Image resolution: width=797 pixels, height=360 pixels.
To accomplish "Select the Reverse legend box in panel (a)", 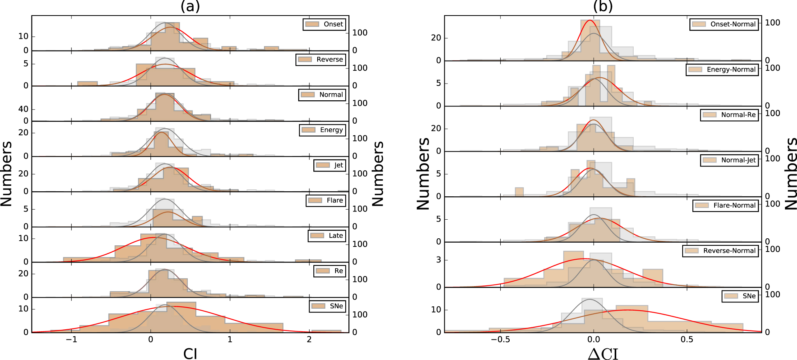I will pyautogui.click(x=321, y=59).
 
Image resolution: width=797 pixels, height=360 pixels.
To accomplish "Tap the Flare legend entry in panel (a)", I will pyautogui.click(x=326, y=201).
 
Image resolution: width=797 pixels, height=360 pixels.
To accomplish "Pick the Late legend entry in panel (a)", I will pyautogui.click(x=327, y=236).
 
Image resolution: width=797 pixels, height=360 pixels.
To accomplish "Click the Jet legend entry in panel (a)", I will pyautogui.click(x=330, y=165).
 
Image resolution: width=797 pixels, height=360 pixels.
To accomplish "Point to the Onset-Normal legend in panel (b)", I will pyautogui.click(x=724, y=24).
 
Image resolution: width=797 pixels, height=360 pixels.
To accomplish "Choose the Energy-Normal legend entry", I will pyautogui.click(x=722, y=70).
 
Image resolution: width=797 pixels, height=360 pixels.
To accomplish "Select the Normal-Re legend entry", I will pyautogui.click(x=729, y=115).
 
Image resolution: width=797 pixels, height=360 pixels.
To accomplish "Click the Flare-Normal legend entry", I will pyautogui.click(x=725, y=205).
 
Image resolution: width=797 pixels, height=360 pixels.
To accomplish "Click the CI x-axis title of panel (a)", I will pyautogui.click(x=190, y=354).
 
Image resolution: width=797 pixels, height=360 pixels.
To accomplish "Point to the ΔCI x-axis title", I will pyautogui.click(x=603, y=354).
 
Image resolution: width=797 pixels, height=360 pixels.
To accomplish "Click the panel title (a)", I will pyautogui.click(x=190, y=6).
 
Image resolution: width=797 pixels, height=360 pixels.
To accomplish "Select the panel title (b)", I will pyautogui.click(x=603, y=6).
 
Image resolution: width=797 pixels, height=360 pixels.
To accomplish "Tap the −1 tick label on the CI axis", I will pyautogui.click(x=72, y=339).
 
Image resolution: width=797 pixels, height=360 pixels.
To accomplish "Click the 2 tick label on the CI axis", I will pyautogui.click(x=309, y=339).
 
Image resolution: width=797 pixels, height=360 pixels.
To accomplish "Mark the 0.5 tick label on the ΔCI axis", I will pyautogui.click(x=687, y=339).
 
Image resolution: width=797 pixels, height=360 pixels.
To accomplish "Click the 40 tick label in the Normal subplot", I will pyautogui.click(x=23, y=109).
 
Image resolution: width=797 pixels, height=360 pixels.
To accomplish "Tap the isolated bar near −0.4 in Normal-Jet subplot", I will pyautogui.click(x=519, y=192).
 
